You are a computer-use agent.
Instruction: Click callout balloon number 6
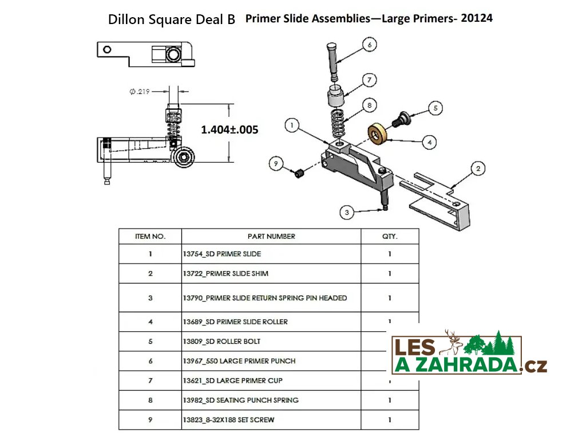(369, 45)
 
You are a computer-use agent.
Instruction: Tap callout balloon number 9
(276, 163)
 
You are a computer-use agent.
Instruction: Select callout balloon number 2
(478, 168)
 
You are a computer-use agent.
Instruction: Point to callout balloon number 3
(347, 213)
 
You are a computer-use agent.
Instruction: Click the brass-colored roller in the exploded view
(377, 133)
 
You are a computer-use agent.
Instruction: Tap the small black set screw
(299, 174)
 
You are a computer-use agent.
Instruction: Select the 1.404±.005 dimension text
(229, 129)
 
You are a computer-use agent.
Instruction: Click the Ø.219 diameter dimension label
(140, 91)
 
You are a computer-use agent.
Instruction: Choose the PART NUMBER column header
(271, 237)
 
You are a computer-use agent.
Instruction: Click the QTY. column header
(390, 237)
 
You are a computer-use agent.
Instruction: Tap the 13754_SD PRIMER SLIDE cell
(222, 254)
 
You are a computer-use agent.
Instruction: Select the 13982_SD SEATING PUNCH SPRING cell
(241, 400)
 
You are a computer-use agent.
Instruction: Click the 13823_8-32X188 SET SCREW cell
(228, 420)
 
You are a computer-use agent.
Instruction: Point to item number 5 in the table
(151, 341)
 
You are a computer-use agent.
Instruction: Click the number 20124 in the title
(477, 18)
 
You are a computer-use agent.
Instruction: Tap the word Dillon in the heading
(126, 19)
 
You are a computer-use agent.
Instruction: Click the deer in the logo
(452, 343)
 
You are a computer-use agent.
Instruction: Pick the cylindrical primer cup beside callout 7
(336, 96)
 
